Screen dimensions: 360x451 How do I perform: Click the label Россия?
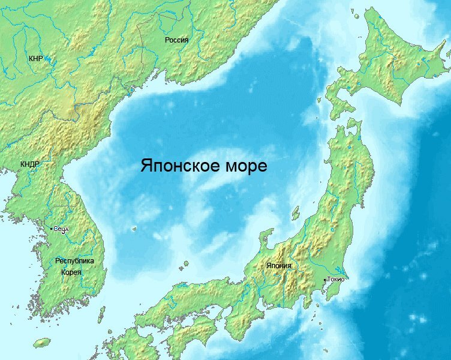[176, 40]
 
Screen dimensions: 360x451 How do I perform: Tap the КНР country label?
[35, 59]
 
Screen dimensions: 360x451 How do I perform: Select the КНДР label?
[29, 164]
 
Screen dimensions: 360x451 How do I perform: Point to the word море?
[245, 166]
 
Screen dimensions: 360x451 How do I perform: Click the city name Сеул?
[62, 229]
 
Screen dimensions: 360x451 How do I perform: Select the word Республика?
[74, 261]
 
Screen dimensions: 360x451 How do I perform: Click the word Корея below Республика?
[71, 272]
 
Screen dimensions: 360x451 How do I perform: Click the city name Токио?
[336, 280]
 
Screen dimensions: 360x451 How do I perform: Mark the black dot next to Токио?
[324, 280]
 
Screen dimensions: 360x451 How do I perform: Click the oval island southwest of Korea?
[41, 343]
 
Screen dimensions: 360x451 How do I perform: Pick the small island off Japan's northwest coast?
[295, 213]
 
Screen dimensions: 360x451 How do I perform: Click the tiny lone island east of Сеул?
[134, 229]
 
